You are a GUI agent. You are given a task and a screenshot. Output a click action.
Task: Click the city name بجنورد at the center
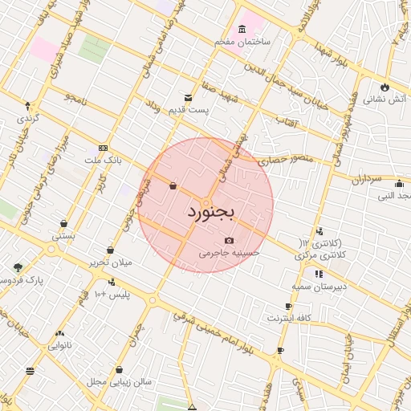coord(210,213)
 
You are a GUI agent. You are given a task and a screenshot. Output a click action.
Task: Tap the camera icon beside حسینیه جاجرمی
coord(230,240)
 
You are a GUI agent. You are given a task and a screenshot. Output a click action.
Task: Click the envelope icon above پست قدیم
coord(188,98)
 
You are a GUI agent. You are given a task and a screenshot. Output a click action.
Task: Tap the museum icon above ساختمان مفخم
coord(242,29)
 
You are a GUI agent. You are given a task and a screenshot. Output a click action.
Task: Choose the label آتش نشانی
coord(385,100)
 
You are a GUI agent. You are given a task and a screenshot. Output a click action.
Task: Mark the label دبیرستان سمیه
coord(317,286)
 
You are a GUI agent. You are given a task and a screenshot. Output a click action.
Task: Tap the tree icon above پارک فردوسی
coord(18,267)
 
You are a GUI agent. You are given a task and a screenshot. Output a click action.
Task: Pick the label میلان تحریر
coord(110,262)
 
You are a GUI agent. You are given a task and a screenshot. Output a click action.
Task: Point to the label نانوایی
coord(59,346)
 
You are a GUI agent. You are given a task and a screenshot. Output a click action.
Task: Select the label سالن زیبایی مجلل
coord(120,381)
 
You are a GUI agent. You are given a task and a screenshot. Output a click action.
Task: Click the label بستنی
coord(63,236)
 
